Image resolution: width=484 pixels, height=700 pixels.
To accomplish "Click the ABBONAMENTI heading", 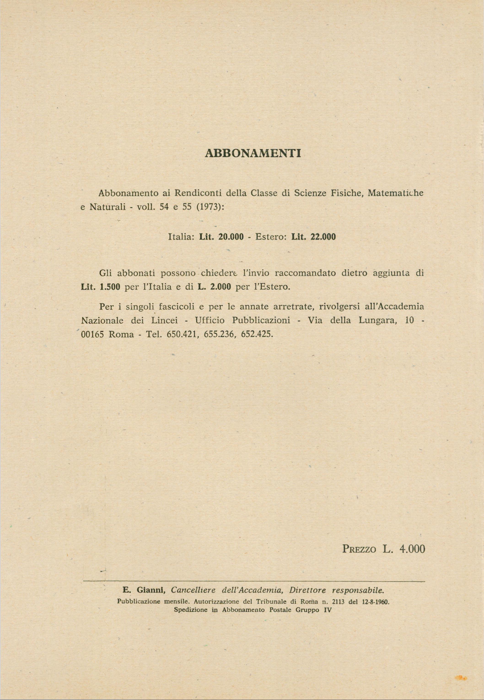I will pyautogui.click(x=253, y=154).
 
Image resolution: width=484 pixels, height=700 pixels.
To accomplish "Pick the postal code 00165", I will pyautogui.click(x=92, y=334).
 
